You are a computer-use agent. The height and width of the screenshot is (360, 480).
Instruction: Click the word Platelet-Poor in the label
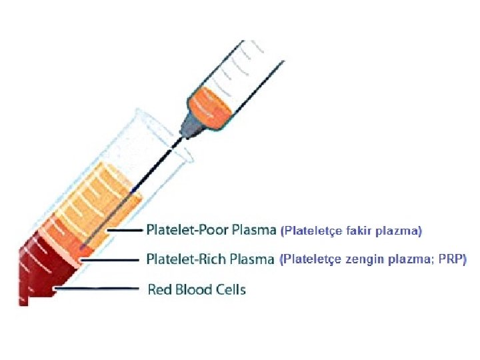tap(184, 231)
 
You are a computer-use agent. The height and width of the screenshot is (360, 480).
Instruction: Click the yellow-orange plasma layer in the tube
tap(107, 200)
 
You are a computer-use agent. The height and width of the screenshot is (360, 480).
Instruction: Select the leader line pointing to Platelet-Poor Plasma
tap(123, 231)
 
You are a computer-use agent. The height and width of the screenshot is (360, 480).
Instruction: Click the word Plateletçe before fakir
tap(311, 231)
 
